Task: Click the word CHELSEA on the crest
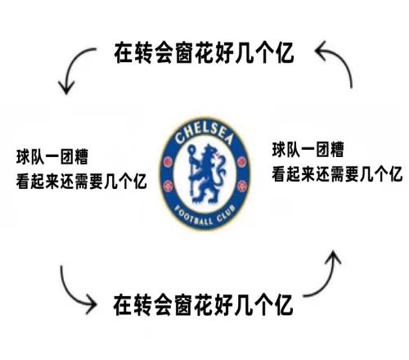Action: pos(204,133)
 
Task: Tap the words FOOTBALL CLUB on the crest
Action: pos(204,216)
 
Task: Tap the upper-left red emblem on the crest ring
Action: pos(168,162)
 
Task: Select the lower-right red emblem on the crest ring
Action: pos(241,187)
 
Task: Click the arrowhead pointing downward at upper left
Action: pos(66,88)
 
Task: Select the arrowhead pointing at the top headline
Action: pos(321,51)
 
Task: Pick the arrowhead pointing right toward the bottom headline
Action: pos(90,304)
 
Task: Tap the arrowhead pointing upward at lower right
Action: pos(333,258)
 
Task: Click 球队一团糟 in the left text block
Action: pos(52,157)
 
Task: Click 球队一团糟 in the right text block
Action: pos(308,150)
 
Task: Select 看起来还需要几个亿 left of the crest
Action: pos(82,181)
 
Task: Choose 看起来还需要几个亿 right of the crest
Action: pos(337,173)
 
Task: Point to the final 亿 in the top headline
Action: pos(285,52)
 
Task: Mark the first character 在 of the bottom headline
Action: pos(123,304)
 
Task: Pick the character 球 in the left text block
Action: pos(23,157)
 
